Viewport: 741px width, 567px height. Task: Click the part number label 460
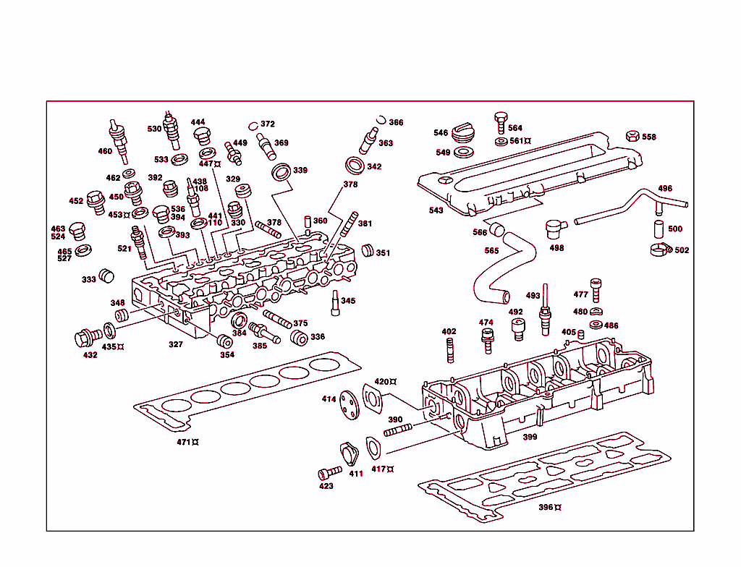[x=105, y=151]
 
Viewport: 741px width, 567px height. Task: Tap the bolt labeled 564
[x=500, y=119]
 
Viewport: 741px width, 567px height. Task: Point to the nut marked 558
[x=631, y=137]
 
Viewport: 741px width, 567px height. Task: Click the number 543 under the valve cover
[x=436, y=210]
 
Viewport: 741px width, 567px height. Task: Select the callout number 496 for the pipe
[x=664, y=189]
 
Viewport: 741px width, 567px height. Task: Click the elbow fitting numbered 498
[x=556, y=229]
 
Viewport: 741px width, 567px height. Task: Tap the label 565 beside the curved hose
[x=491, y=251]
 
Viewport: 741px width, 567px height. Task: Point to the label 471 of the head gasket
[x=185, y=442]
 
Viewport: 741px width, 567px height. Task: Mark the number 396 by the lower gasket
[x=546, y=508]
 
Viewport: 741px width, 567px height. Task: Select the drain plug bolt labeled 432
[x=87, y=338]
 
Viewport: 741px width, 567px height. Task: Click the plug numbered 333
[x=107, y=276]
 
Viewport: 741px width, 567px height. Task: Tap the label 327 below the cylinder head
[x=176, y=345]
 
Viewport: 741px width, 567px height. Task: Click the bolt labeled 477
[x=596, y=289]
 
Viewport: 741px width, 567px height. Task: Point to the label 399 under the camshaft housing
[x=530, y=437]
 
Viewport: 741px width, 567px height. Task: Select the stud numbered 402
[x=449, y=351]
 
